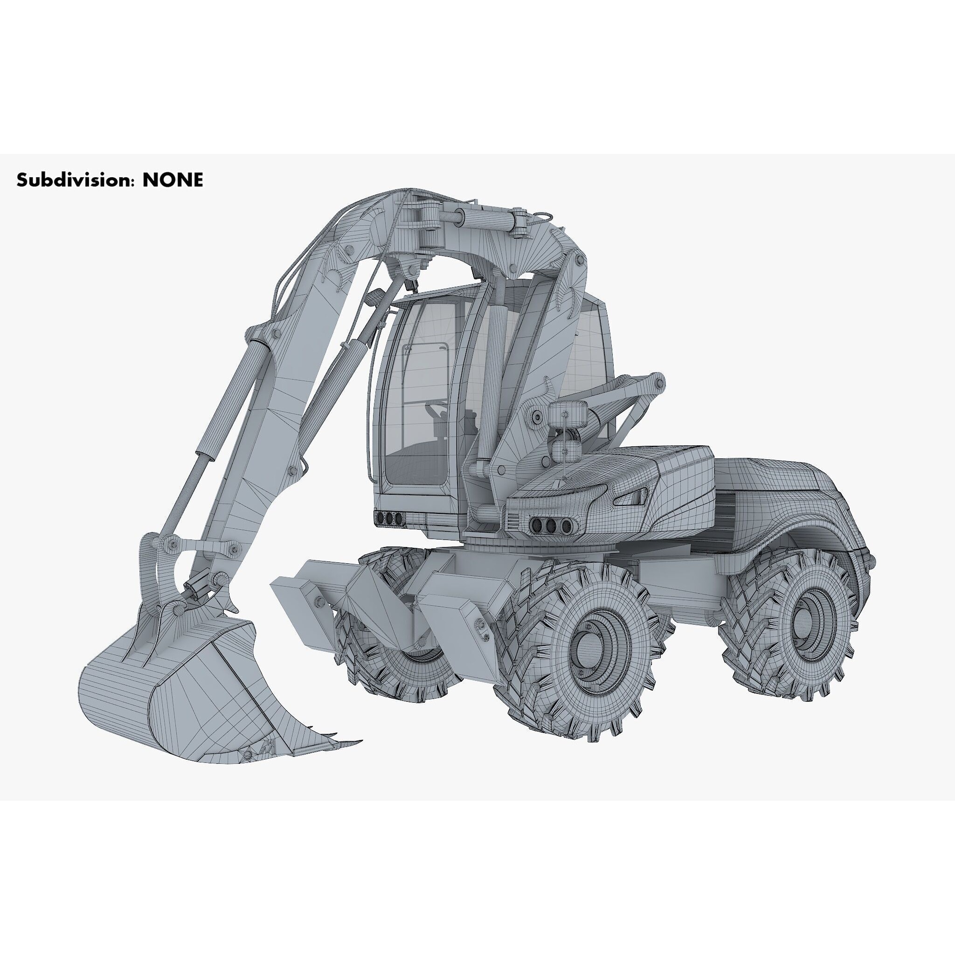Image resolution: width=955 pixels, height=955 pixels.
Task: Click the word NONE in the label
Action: coord(173,180)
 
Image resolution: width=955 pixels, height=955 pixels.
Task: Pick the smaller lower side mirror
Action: coord(566,451)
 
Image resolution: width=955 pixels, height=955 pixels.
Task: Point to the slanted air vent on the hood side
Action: coord(631,497)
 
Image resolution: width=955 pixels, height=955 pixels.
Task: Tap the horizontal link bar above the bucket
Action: coord(203,546)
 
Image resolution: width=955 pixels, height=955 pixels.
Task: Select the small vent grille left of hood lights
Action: coord(512,520)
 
